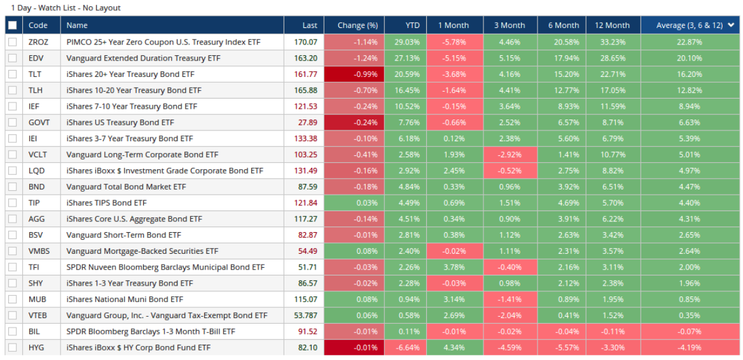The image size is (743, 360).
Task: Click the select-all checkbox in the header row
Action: click(13, 25)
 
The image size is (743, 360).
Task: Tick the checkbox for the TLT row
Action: click(13, 74)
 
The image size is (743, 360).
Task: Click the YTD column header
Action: click(412, 25)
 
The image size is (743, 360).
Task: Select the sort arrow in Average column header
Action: click(731, 25)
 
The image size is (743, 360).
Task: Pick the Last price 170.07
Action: click(305, 42)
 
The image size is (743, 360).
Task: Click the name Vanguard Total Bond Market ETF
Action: click(126, 187)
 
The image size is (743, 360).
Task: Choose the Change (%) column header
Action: click(358, 25)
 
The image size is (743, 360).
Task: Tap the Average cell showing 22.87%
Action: click(690, 42)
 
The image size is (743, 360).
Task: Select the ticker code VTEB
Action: click(38, 315)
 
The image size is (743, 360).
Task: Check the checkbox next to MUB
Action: click(13, 299)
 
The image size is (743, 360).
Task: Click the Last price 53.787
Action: click(303, 315)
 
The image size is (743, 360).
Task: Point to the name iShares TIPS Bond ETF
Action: click(106, 203)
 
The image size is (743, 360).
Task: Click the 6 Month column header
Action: click(564, 25)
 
